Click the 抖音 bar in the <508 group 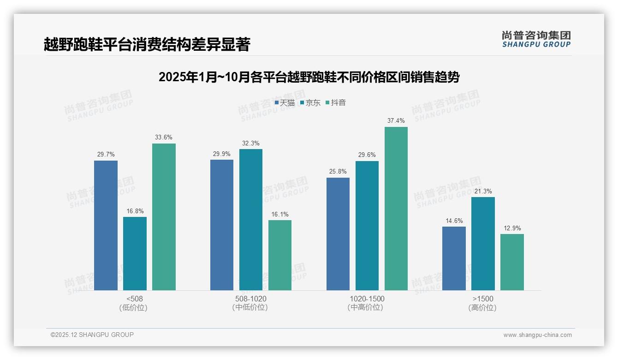point(164,217)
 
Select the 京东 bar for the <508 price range point(135,253)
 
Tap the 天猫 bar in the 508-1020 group point(222,225)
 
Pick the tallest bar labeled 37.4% point(396,209)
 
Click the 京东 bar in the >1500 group point(483,244)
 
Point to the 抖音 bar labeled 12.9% point(512,262)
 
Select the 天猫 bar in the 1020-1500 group point(338,234)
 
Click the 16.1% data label point(280,215)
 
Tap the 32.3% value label point(251,144)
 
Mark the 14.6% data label point(454,221)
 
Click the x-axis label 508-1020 point(250,299)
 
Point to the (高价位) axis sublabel point(482,308)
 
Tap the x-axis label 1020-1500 point(367,299)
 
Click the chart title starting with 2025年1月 point(309,77)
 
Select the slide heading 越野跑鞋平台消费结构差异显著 point(147,45)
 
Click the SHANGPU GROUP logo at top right point(536,39)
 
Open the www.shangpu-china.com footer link point(537,335)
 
